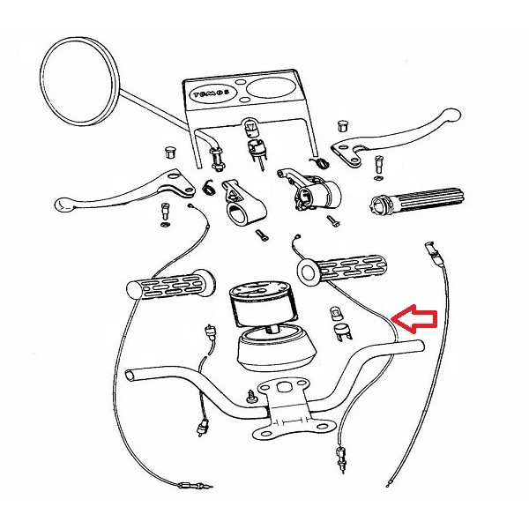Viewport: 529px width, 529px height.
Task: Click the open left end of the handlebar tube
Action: click(132, 375)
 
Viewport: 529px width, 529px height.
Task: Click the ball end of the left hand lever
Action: click(63, 205)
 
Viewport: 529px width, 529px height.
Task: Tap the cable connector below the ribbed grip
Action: click(432, 253)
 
